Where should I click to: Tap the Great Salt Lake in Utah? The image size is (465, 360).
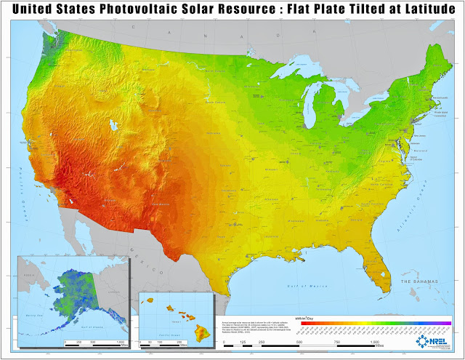113,126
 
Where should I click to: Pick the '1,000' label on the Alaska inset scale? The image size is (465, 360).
116,340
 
